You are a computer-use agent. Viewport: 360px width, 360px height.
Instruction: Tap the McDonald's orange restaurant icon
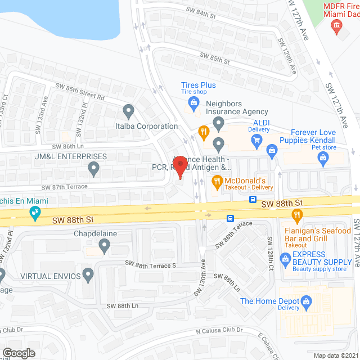click(x=215, y=182)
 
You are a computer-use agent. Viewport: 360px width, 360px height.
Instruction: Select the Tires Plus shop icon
click(x=193, y=102)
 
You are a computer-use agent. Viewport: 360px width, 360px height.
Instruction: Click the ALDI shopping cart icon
click(x=257, y=139)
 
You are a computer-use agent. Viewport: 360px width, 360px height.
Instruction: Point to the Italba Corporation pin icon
click(x=129, y=111)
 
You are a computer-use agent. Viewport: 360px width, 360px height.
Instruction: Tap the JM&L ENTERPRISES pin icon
click(x=94, y=168)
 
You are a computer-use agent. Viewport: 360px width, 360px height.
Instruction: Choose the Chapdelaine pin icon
click(x=104, y=245)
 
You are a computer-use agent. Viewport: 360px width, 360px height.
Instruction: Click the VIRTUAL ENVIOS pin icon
click(x=87, y=275)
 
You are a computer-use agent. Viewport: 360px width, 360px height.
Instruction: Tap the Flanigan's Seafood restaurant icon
click(x=298, y=214)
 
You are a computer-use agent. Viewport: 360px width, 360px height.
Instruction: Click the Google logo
click(x=19, y=353)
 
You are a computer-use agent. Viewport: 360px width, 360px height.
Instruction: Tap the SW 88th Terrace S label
click(x=151, y=264)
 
